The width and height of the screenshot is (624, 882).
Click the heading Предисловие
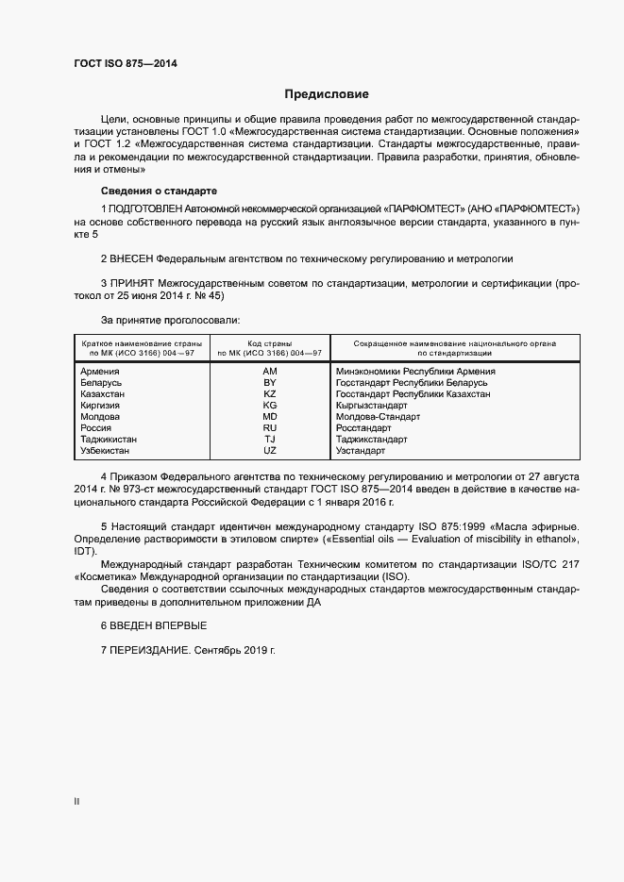point(327,94)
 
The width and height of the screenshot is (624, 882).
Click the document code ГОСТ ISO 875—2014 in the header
point(125,64)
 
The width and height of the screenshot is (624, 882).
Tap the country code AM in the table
point(270,372)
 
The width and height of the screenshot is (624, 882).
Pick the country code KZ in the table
point(270,394)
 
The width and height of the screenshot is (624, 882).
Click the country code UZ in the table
point(270,451)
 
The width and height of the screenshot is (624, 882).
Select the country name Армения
point(100,372)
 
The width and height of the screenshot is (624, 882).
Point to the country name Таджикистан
point(110,440)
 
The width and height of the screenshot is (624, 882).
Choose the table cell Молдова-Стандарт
point(378,417)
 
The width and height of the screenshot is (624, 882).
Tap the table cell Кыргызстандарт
point(371,406)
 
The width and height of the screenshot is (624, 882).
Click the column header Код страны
point(270,343)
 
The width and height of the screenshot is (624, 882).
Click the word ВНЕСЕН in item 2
point(131,258)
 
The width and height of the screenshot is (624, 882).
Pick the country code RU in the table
point(270,428)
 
